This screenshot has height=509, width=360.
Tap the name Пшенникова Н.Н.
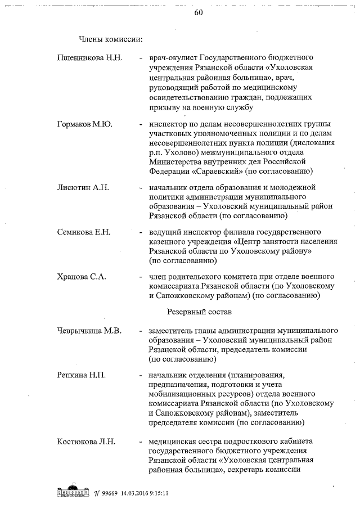89,58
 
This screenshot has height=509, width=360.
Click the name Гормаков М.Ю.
84,124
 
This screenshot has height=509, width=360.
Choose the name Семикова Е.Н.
84,232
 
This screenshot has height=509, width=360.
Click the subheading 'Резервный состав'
196,310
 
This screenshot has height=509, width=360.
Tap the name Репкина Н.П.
82,375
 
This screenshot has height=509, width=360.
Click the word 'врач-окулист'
171,58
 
